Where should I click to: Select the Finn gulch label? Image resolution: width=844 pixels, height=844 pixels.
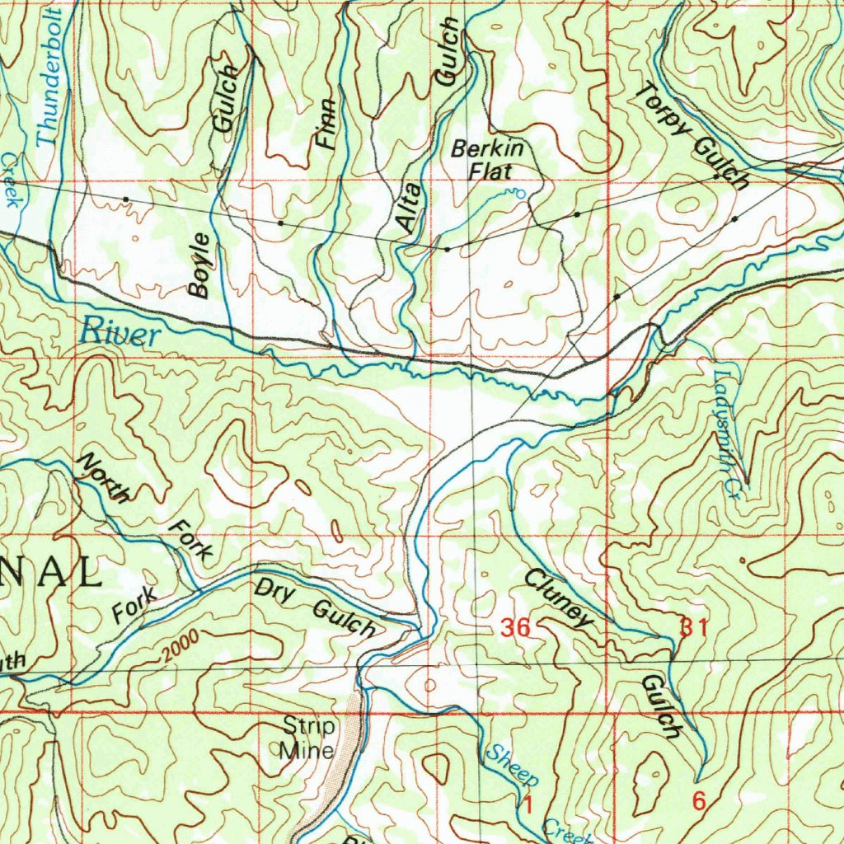click(327, 124)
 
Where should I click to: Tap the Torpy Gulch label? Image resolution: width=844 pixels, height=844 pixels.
click(693, 136)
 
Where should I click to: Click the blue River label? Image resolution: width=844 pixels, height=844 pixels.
click(120, 334)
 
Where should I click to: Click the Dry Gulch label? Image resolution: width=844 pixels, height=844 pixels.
click(315, 608)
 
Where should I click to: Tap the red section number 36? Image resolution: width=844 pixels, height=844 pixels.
click(515, 629)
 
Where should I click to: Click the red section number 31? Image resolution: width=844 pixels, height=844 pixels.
click(694, 627)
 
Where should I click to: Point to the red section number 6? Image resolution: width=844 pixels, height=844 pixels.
click(699, 800)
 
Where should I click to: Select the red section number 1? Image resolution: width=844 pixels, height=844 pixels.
click(526, 802)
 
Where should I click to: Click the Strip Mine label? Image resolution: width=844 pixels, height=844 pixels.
click(308, 738)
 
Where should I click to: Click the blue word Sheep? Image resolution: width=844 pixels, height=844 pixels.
click(512, 766)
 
